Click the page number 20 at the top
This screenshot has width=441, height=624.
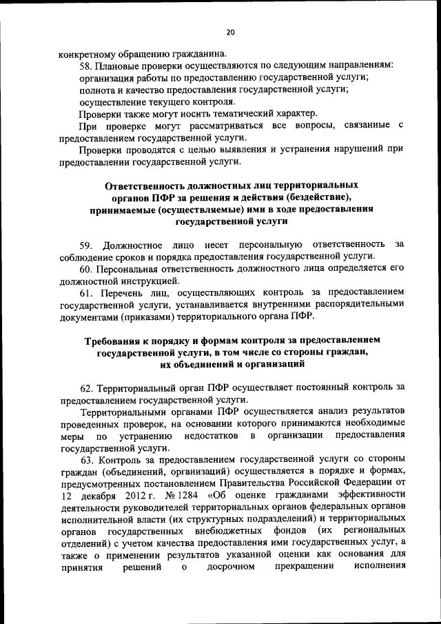229,32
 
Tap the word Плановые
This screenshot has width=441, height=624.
119,65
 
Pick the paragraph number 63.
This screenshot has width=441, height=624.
85,460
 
